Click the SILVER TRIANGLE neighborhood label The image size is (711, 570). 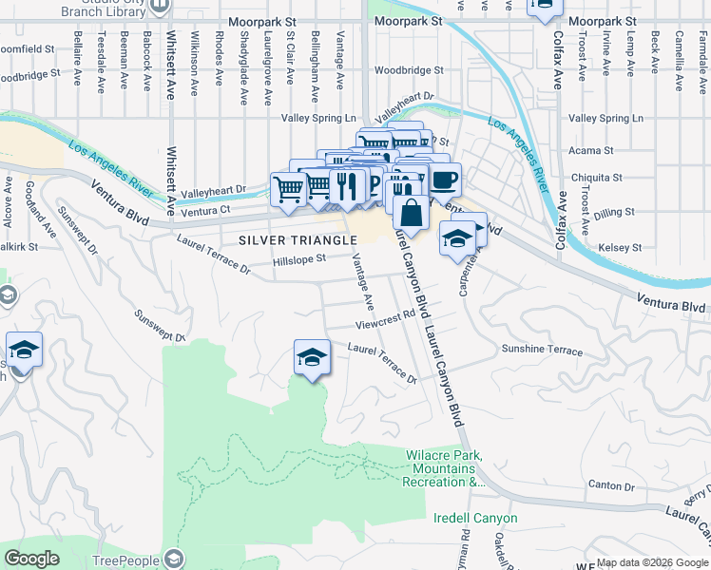coord(298,239)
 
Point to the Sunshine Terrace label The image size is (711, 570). coord(542,350)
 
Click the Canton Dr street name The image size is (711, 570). coord(610,485)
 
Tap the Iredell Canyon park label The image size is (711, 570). coord(475,519)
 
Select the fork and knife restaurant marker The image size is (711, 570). coord(350,186)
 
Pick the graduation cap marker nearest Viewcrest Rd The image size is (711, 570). coord(311,358)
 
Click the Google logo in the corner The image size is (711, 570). coord(31,559)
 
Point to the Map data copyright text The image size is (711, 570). coord(651,562)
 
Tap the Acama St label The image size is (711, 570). coord(591,151)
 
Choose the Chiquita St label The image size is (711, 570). coord(596,177)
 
